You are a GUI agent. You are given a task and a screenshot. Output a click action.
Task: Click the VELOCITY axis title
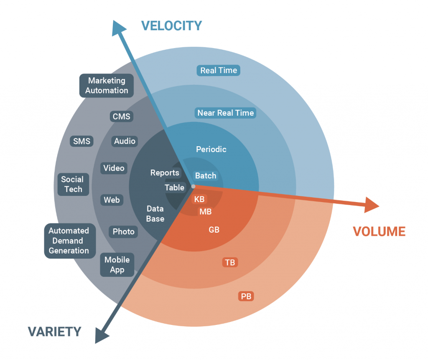click(x=171, y=26)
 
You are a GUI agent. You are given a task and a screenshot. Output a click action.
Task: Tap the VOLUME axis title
click(x=379, y=231)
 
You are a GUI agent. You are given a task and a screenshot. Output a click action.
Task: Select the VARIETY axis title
click(x=54, y=332)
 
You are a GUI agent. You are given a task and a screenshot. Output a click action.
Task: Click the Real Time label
click(x=219, y=71)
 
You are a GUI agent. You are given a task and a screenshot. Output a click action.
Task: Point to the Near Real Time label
click(x=225, y=113)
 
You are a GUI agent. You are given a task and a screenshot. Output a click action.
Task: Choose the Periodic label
click(x=211, y=149)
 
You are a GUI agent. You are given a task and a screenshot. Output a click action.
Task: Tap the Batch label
click(x=206, y=176)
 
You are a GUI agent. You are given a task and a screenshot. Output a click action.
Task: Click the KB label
click(x=199, y=199)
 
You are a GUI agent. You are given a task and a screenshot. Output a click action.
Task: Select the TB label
click(x=230, y=263)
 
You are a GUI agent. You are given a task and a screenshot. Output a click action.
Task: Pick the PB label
click(x=246, y=297)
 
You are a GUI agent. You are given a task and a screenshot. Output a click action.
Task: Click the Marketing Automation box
click(x=107, y=86)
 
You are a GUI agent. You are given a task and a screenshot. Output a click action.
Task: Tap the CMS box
click(x=122, y=117)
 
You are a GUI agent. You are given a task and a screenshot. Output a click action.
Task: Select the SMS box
click(x=82, y=141)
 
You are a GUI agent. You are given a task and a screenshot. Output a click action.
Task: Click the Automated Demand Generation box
click(x=69, y=241)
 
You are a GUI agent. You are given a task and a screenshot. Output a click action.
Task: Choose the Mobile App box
click(x=117, y=265)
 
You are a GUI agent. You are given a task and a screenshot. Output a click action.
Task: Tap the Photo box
click(x=124, y=232)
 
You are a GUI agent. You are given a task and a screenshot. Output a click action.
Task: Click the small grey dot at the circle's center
click(x=193, y=186)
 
